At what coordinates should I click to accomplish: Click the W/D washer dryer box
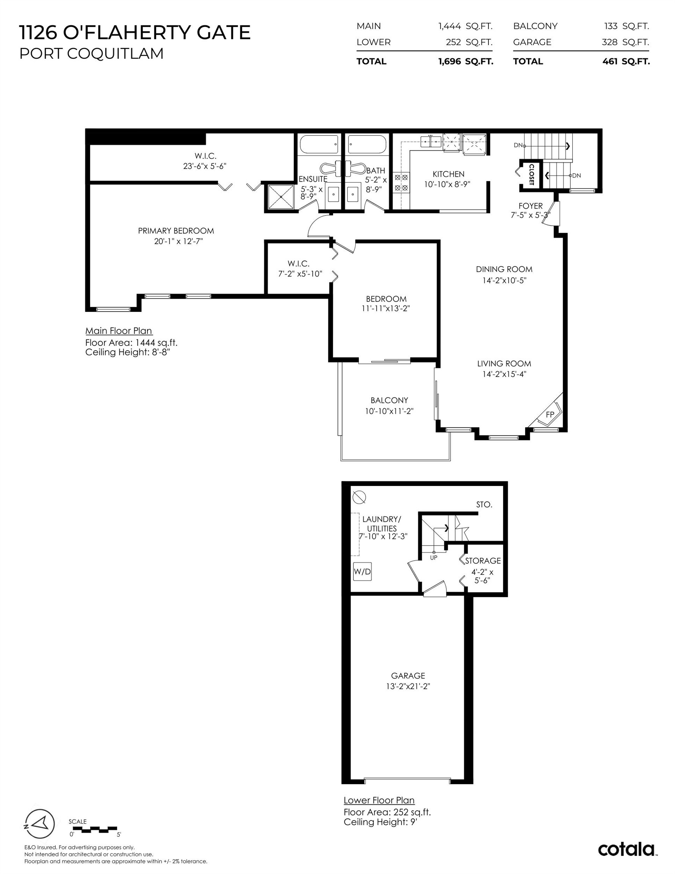pyautogui.click(x=362, y=572)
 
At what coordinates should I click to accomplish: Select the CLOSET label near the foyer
pyautogui.click(x=531, y=174)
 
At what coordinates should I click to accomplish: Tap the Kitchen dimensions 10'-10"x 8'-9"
pyautogui.click(x=447, y=184)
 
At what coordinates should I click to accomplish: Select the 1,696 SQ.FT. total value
pyautogui.click(x=465, y=61)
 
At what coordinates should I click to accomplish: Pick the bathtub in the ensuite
pyautogui.click(x=319, y=145)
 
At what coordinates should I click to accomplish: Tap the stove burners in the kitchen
pyautogui.click(x=401, y=182)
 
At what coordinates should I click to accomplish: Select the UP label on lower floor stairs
pyautogui.click(x=434, y=558)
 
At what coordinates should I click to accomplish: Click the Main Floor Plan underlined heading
pyautogui.click(x=118, y=331)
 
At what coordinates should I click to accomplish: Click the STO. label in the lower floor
pyautogui.click(x=484, y=505)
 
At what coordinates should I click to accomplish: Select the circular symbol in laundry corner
pyautogui.click(x=359, y=497)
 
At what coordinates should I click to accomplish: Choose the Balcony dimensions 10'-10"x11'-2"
pyautogui.click(x=389, y=411)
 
